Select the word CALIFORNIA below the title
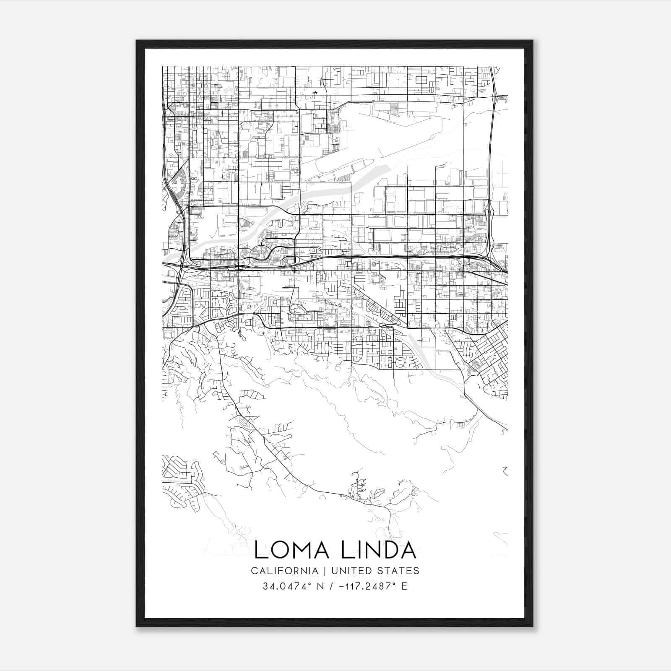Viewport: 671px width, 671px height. pyautogui.click(x=284, y=571)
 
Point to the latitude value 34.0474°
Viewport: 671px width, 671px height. pyautogui.click(x=290, y=586)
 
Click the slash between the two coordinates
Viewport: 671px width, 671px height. pyautogui.click(x=332, y=586)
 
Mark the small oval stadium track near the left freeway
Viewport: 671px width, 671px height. pyautogui.click(x=194, y=178)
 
